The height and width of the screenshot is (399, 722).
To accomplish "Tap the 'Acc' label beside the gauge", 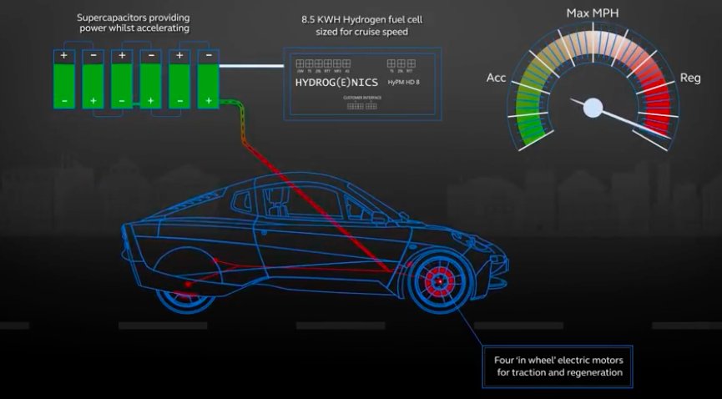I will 496,78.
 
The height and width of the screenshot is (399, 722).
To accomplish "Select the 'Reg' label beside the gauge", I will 690,78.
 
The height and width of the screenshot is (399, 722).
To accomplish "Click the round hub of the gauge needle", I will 593,107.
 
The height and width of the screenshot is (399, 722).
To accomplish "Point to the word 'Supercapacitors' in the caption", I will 114,17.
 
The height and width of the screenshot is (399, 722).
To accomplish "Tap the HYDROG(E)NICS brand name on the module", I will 336,83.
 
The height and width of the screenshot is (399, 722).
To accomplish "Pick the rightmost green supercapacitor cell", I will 207,81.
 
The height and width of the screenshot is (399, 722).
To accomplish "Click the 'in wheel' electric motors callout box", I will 558,366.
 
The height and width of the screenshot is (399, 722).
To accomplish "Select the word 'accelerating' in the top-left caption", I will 159,28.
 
